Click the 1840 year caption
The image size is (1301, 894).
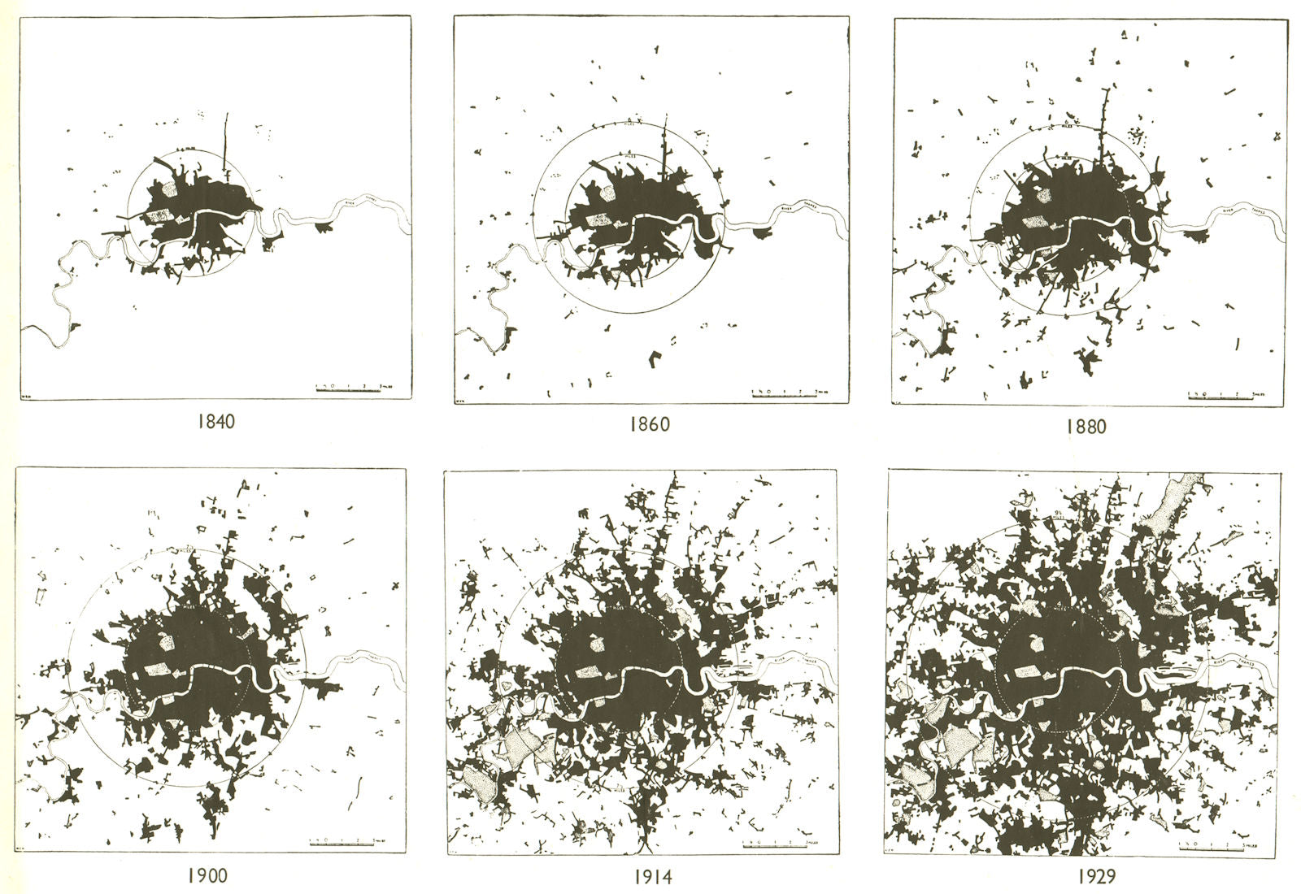(x=215, y=422)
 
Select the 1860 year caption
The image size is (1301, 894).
(x=650, y=424)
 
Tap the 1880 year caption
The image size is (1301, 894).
(x=1085, y=427)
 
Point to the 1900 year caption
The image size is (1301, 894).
(x=207, y=875)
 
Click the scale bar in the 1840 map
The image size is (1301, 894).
(x=347, y=389)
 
